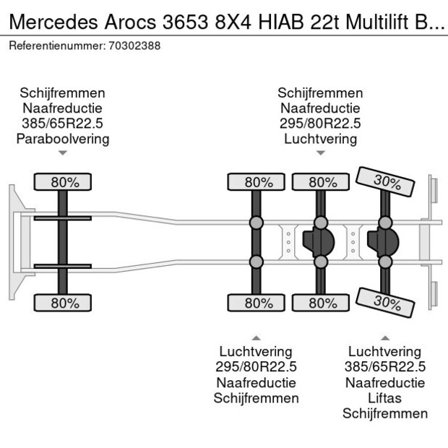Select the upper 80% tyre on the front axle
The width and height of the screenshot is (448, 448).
pyautogui.click(x=63, y=182)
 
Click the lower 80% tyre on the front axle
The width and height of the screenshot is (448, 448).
pyautogui.click(x=63, y=303)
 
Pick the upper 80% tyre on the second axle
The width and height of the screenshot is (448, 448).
pyautogui.click(x=257, y=182)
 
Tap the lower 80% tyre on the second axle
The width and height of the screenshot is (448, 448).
pyautogui.click(x=257, y=303)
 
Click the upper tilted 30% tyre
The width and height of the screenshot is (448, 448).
pyautogui.click(x=385, y=182)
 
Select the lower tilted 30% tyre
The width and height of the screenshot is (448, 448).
pyautogui.click(x=385, y=302)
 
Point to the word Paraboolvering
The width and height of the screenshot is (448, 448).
pyautogui.click(x=63, y=139)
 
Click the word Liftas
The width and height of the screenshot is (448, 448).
pyautogui.click(x=385, y=398)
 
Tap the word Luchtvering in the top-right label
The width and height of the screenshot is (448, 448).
pyautogui.click(x=320, y=139)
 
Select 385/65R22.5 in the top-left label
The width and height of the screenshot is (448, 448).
pyautogui.click(x=63, y=124)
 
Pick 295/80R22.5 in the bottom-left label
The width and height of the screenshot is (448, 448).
pyautogui.click(x=257, y=367)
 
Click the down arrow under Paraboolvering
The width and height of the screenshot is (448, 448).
pyautogui.click(x=63, y=153)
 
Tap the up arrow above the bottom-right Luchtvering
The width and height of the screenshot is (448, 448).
pyautogui.click(x=385, y=337)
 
